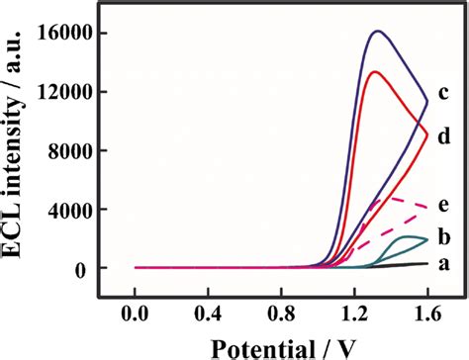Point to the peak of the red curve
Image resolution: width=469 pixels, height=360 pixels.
click(x=374, y=71)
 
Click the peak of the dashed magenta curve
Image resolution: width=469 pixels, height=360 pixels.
click(x=388, y=198)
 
